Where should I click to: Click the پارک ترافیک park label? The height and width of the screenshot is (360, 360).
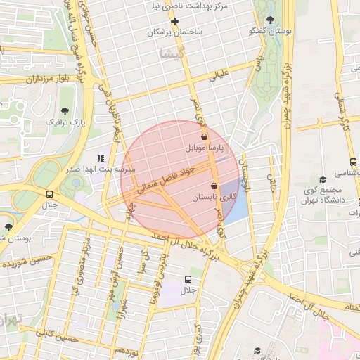(x=65, y=122)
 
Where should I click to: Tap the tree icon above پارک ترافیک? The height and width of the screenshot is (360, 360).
(x=65, y=111)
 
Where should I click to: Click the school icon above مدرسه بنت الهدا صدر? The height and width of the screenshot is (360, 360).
(x=101, y=158)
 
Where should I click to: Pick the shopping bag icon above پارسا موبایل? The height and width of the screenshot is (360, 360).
(x=204, y=137)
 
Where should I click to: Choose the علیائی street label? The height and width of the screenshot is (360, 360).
(x=219, y=73)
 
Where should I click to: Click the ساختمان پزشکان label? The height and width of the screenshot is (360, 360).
(x=175, y=33)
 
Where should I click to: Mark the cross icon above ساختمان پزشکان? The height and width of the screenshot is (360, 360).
(x=175, y=21)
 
